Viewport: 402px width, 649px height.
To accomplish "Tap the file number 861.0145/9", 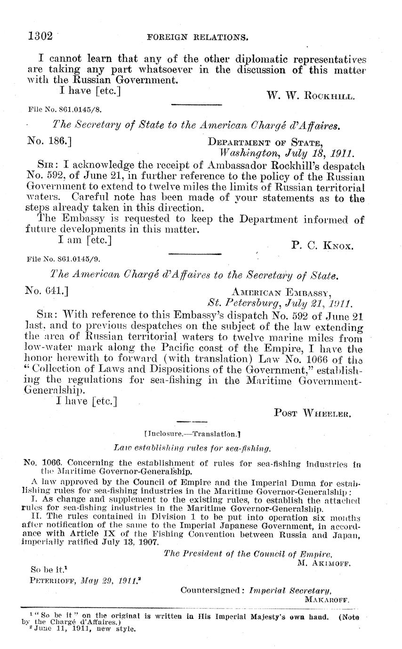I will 64,259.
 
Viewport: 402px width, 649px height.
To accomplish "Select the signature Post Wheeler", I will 312,413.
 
